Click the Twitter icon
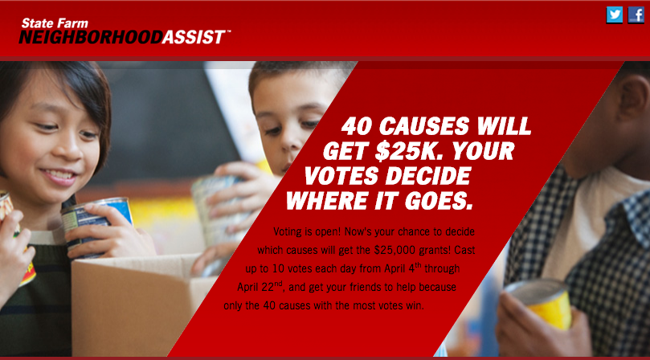(x=615, y=15)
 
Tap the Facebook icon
(x=636, y=15)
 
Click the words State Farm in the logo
(x=55, y=22)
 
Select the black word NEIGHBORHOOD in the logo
(x=90, y=37)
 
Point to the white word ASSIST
(x=194, y=37)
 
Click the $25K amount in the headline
(x=409, y=151)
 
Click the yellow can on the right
(x=540, y=304)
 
